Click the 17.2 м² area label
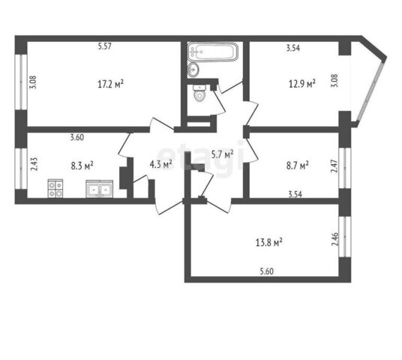pos(111,83)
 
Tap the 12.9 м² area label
pos(302,83)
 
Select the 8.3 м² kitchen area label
pos(82,166)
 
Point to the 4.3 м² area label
pos(160,164)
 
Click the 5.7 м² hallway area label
pos(222,154)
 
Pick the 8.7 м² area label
pos(298,166)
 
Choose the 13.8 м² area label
pos(269,242)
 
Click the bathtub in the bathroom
pos(213,52)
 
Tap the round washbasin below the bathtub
pos(193,69)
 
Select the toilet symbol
pos(199,93)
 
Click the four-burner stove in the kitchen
pos(55,188)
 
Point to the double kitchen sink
pos(100,189)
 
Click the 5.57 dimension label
pos(104,46)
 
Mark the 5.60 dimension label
pos(267,271)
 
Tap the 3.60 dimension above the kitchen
pos(77,137)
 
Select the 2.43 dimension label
pos(34,164)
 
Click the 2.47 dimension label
pos(334,166)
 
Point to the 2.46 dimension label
pos(334,239)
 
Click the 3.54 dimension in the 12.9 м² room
pos(293,48)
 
